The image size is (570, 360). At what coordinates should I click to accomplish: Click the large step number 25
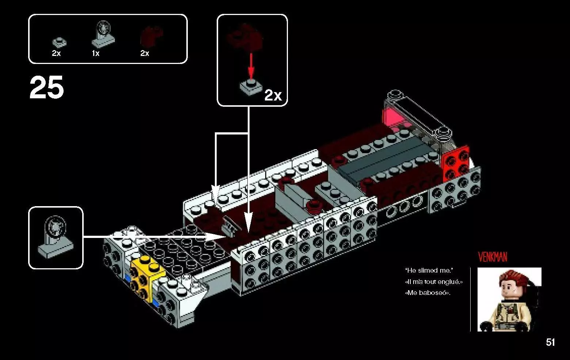tap(46, 88)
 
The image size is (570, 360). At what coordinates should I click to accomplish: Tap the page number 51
tap(550, 342)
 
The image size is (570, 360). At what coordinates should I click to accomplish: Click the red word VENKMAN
tap(493, 257)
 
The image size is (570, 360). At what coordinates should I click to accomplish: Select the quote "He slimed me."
tap(429, 270)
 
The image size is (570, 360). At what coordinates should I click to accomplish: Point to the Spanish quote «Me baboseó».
tap(428, 293)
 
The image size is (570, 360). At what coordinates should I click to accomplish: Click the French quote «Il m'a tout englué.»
tap(434, 282)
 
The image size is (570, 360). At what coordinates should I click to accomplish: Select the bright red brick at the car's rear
tap(456, 161)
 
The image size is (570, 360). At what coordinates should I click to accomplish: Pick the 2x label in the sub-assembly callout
tap(273, 95)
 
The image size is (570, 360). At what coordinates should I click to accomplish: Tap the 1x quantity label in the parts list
tap(95, 53)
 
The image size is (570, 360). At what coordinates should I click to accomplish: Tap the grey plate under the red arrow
tap(251, 87)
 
